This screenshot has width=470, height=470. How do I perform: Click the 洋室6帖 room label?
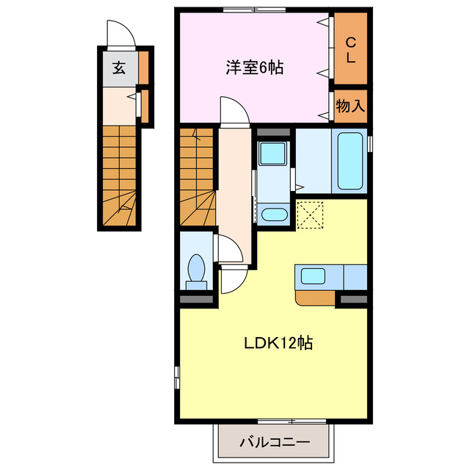tap(253, 68)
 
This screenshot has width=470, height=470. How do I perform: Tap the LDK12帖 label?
tap(273, 342)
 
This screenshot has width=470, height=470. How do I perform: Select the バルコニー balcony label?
tap(274, 443)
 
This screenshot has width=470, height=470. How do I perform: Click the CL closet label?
tap(351, 48)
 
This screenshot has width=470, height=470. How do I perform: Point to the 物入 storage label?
tap(350, 105)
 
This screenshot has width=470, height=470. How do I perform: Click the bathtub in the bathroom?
tap(350, 160)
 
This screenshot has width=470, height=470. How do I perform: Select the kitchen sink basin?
tap(313, 277)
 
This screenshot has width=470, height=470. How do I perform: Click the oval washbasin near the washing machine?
tap(275, 214)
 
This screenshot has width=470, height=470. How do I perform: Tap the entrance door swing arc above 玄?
tap(119, 34)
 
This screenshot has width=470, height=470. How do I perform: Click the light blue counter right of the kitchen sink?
tap(355, 277)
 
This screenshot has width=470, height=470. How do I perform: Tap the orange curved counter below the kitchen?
tap(314, 297)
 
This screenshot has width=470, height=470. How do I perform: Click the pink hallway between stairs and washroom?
tap(234, 184)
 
